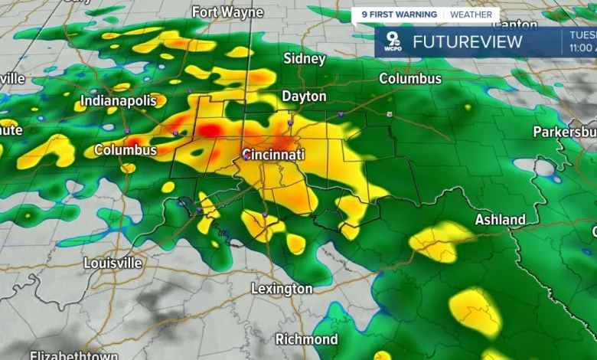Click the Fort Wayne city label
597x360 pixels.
click(x=227, y=12)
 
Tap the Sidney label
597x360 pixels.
click(x=304, y=58)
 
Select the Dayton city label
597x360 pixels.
click(x=304, y=97)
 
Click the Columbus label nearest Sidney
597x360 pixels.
click(x=410, y=79)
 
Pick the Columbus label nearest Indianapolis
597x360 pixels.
click(x=126, y=150)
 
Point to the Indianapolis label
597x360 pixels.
click(x=118, y=101)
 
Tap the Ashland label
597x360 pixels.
click(x=501, y=220)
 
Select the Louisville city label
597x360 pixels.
click(x=113, y=263)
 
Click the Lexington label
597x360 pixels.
click(x=282, y=289)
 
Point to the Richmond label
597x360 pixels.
click(x=306, y=339)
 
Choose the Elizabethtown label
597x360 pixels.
click(x=74, y=355)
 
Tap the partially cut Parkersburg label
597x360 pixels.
click(x=564, y=132)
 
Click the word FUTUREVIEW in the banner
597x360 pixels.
click(x=467, y=42)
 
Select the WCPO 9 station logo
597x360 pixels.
click(x=393, y=43)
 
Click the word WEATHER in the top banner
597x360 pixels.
click(x=471, y=15)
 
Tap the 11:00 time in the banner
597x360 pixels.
click(x=582, y=47)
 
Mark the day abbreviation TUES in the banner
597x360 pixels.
click(x=583, y=34)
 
